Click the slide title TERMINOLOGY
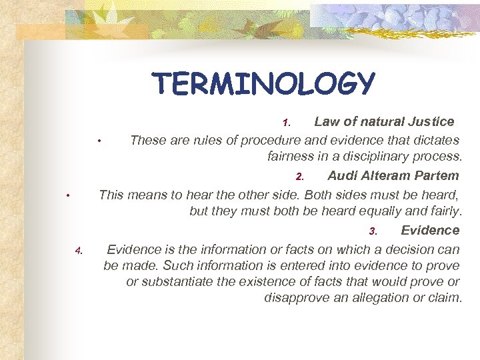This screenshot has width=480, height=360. click(263, 84)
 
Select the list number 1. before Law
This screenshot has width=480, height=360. click(286, 123)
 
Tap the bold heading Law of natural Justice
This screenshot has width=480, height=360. click(384, 121)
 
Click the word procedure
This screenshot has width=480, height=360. click(271, 140)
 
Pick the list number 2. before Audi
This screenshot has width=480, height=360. click(300, 177)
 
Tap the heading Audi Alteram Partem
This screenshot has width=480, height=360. click(393, 176)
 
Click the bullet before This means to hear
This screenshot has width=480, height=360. click(68, 195)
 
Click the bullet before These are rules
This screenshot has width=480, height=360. click(99, 141)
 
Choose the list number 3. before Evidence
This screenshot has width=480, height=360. click(373, 232)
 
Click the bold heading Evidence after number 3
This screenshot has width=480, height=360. click(430, 230)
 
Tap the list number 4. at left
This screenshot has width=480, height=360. click(78, 251)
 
